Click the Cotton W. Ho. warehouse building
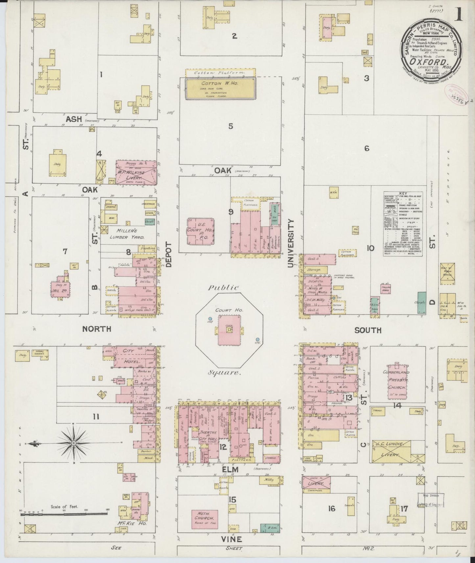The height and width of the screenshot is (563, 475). coord(220,88)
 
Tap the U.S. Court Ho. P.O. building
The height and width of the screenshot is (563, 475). coord(201,231)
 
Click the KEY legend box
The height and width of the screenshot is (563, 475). coord(403,224)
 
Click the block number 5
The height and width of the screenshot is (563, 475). coord(231,126)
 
